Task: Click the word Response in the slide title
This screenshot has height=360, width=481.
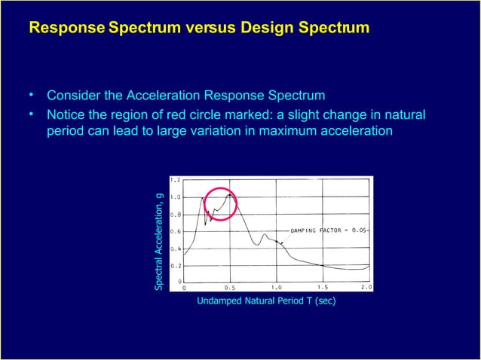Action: pyautogui.click(x=66, y=29)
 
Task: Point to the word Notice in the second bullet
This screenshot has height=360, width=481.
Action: pyautogui.click(x=66, y=115)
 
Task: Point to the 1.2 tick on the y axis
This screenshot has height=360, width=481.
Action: pyautogui.click(x=175, y=181)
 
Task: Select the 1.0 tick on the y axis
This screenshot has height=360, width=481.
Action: pyautogui.click(x=175, y=197)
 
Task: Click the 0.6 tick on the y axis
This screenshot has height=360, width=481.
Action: pyautogui.click(x=175, y=231)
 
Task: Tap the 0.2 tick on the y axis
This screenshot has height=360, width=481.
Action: pyautogui.click(x=175, y=265)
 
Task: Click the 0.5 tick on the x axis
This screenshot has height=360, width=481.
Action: pyautogui.click(x=229, y=287)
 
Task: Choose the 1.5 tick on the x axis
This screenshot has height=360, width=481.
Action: pyautogui.click(x=322, y=287)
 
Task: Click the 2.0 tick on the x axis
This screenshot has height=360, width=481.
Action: pyautogui.click(x=366, y=287)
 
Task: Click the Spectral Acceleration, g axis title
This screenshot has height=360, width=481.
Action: pyautogui.click(x=159, y=241)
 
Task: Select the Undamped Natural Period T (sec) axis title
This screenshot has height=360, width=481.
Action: pyautogui.click(x=265, y=301)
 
